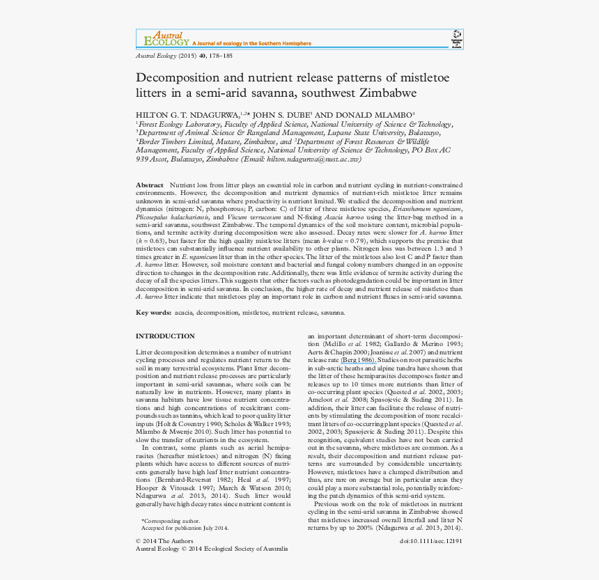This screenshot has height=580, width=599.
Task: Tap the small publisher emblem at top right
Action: point(456,38)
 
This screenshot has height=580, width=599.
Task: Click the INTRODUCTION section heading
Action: point(165,336)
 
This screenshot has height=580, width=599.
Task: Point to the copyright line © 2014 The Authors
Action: point(164,540)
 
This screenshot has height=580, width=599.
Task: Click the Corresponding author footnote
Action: point(171,521)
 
